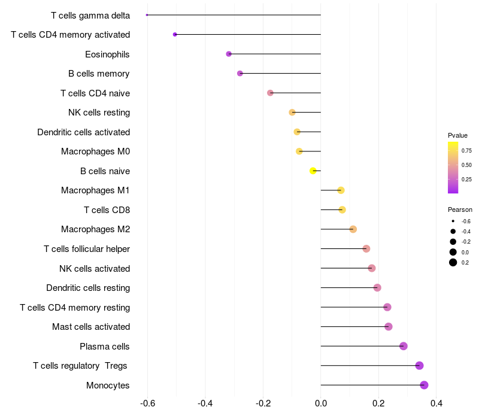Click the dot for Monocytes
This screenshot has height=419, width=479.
[425, 385]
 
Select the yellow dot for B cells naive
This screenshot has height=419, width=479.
[313, 171]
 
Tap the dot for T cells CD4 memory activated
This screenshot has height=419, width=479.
[175, 34]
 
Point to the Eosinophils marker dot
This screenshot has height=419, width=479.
[229, 54]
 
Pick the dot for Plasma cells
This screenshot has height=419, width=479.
[404, 346]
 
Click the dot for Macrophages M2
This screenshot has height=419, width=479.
[353, 229]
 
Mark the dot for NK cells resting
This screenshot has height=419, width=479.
[292, 112]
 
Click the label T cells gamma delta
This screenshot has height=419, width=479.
[90, 15]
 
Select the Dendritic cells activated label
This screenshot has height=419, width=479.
[83, 132]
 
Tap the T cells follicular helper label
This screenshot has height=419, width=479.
[87, 248]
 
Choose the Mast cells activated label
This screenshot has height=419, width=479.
[91, 327]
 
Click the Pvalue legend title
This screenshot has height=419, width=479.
[457, 135]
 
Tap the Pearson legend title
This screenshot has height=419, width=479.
[460, 209]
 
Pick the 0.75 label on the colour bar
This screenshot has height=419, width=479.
[466, 151]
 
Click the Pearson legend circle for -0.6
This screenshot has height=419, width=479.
[453, 221]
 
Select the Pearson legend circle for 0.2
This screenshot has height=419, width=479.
[453, 262]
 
